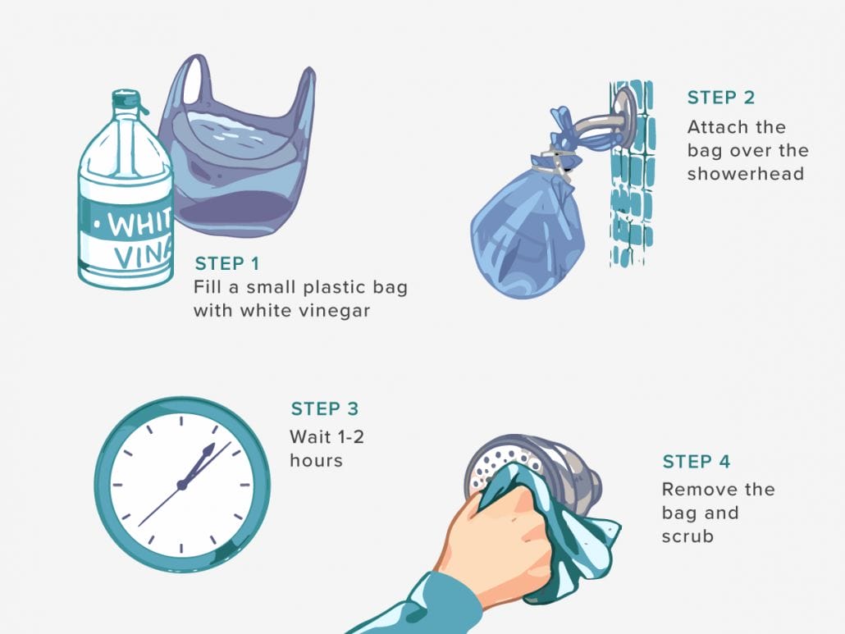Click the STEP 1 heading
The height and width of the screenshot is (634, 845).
coord(226,264)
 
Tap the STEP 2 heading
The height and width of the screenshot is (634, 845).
coord(720,98)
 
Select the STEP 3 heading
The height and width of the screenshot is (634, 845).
coord(324,409)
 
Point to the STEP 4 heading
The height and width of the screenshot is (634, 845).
coord(696,462)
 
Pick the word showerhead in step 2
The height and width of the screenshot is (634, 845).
coord(745,174)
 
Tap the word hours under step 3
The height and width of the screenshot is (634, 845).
coord(316,461)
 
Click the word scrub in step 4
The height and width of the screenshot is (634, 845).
coord(687,536)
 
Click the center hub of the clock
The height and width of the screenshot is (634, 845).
coord(181,485)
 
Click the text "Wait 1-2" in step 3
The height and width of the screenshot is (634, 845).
coord(326,437)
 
